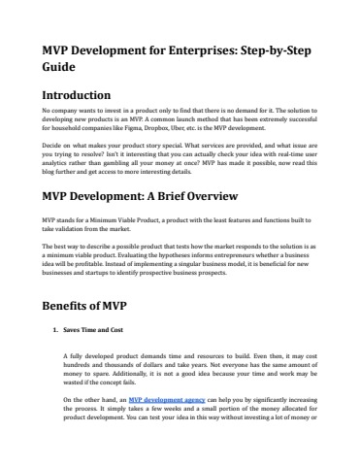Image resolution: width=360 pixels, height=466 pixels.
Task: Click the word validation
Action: click(71, 229)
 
